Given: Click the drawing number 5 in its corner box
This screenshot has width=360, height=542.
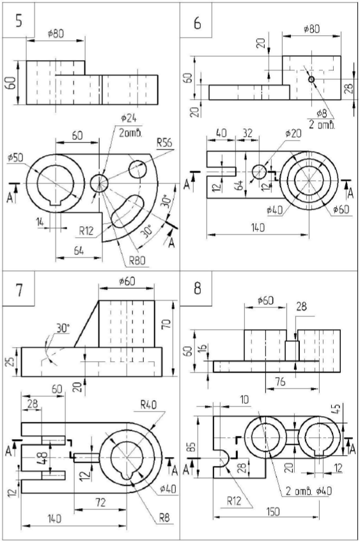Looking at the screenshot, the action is pos(19,20).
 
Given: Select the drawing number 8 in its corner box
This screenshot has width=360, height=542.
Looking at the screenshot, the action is pos(197,288).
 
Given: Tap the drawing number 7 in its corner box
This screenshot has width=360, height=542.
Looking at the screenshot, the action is pos(19,290).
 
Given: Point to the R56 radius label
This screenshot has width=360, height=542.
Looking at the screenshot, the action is pos(164,143).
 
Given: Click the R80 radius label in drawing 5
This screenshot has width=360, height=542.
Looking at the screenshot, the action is pos(137,260).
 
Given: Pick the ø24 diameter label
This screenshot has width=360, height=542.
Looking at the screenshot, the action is pos(129,119).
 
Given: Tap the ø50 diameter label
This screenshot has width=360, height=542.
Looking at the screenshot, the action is pos(15,158).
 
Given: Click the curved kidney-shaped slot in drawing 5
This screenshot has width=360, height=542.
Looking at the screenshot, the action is pos(127,211).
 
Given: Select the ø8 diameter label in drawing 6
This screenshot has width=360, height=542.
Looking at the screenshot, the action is pos(322,114).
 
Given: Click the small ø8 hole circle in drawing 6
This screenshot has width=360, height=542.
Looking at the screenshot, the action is pos(311,79).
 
